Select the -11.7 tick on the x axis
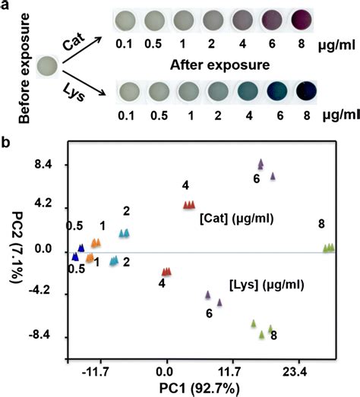[x=95, y=372]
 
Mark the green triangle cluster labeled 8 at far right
[x=329, y=247]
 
